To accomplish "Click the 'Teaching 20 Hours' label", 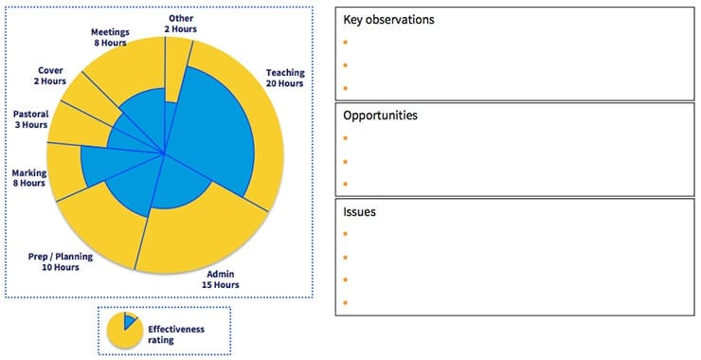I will click(284, 78).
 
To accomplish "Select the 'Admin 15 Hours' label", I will click(225, 279).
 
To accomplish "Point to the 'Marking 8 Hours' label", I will click(27, 178).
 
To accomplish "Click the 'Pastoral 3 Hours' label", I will click(30, 119).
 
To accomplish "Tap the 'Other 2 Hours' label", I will click(182, 24).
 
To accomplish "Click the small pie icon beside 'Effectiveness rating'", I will click(122, 328).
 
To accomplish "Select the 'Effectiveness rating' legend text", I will click(174, 333).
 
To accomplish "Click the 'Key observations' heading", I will click(388, 20).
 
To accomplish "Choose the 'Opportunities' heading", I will click(380, 116).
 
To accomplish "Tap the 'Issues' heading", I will click(359, 212).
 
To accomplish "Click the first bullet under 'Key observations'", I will click(346, 43).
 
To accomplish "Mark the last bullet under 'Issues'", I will click(346, 303).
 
